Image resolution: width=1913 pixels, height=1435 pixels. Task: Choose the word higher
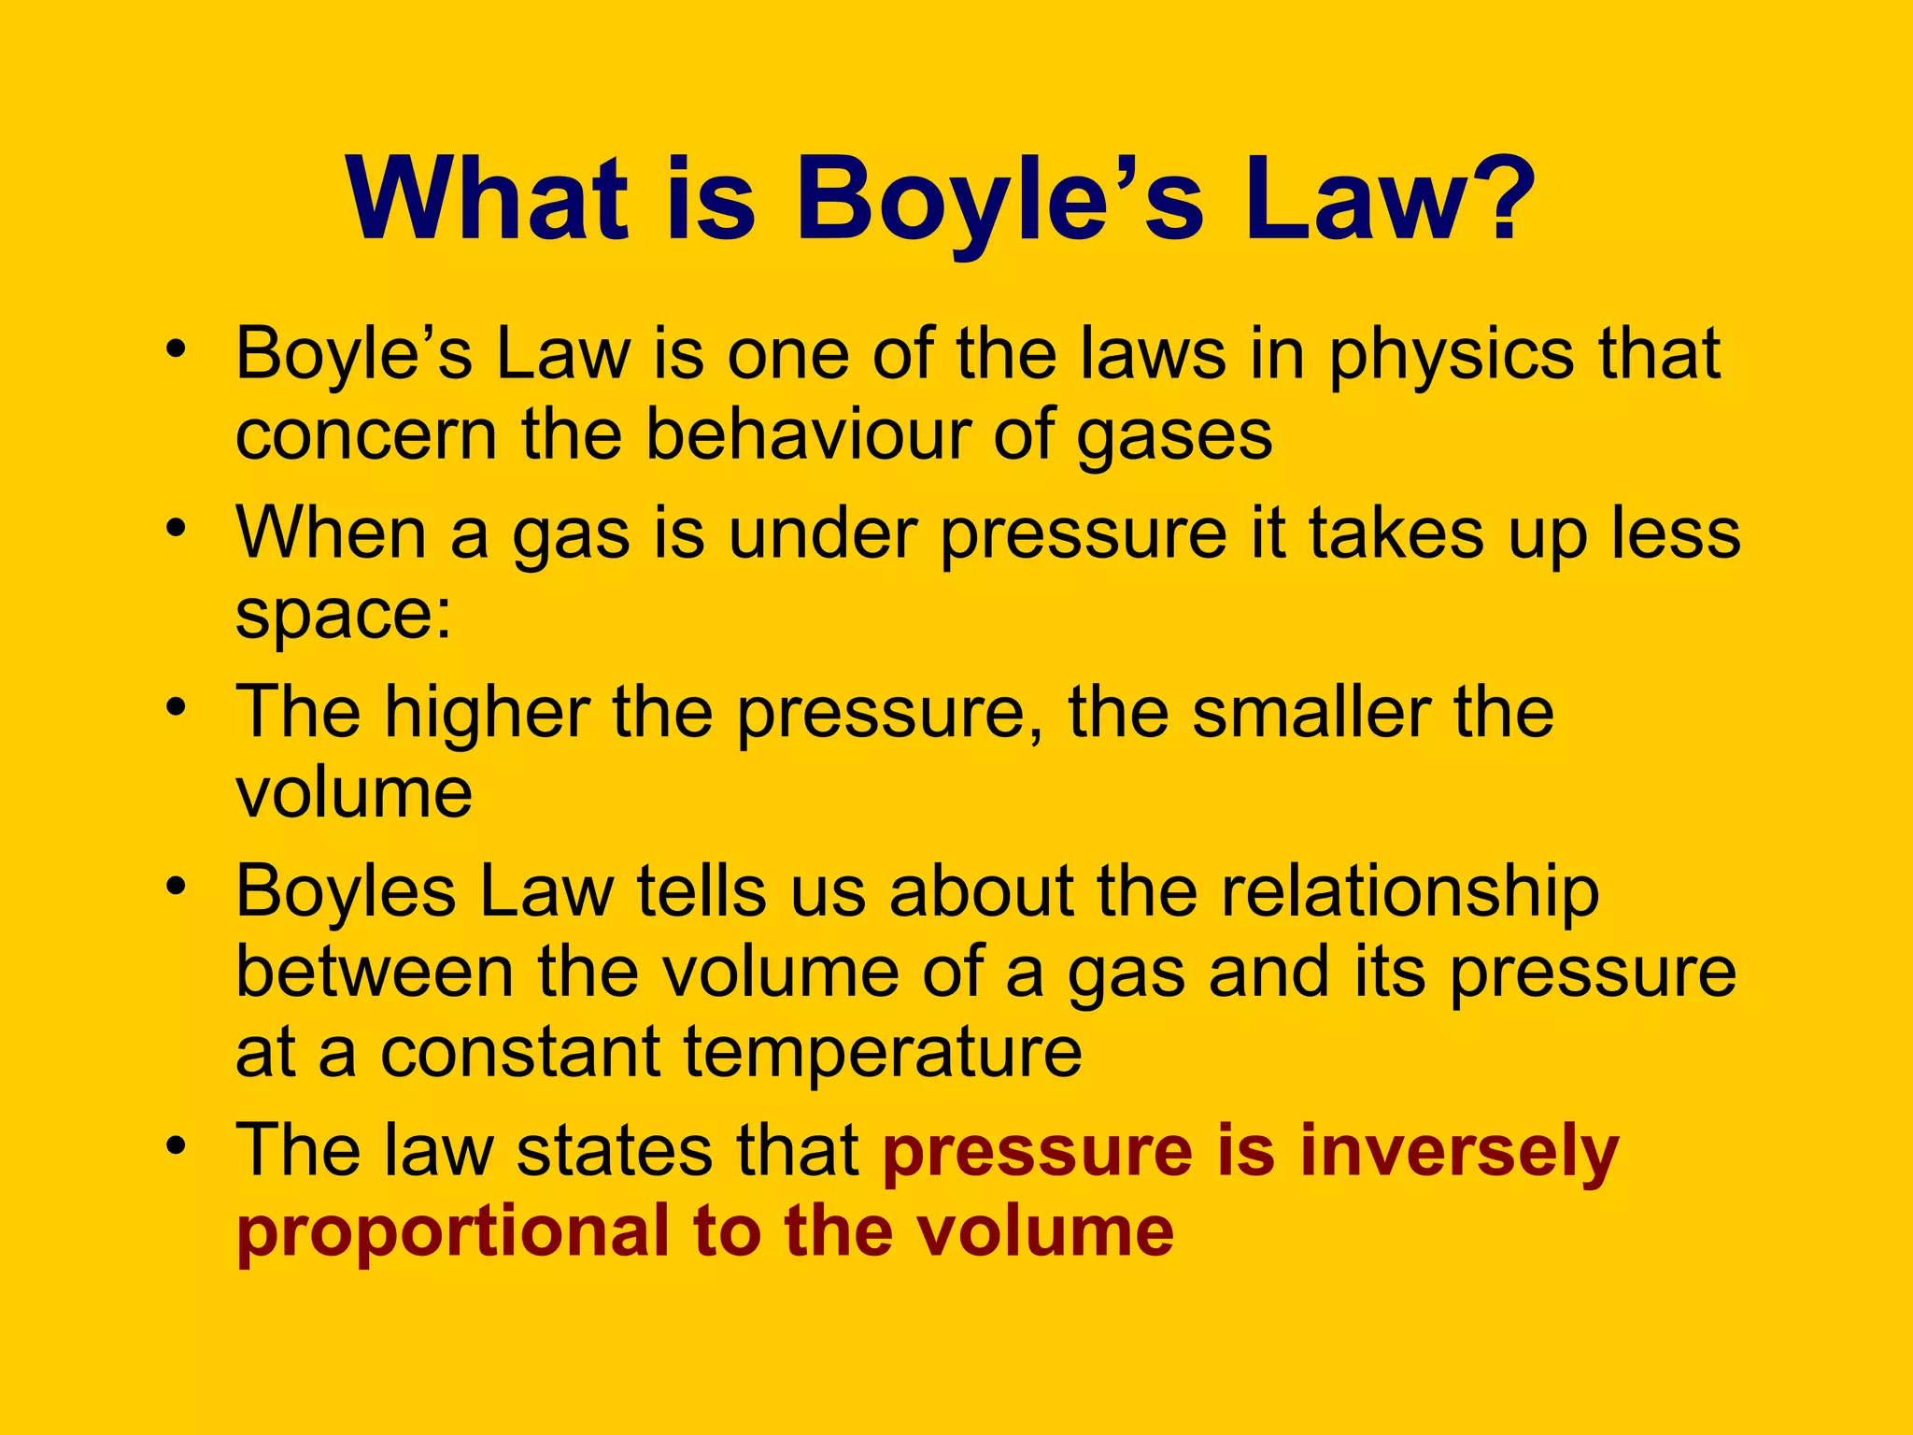click(487, 712)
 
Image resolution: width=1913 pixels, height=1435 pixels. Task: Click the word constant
click(521, 1054)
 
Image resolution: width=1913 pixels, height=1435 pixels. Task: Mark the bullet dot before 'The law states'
click(176, 1145)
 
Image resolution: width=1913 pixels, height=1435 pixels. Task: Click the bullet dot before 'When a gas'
click(176, 529)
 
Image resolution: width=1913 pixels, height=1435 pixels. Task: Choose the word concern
click(366, 437)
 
